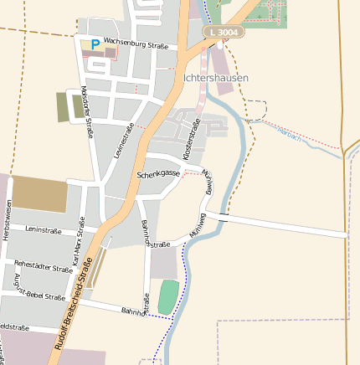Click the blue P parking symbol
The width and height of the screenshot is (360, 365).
click(x=95, y=44)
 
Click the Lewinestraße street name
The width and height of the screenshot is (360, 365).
click(x=123, y=140)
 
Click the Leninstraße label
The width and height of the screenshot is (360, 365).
click(x=47, y=229)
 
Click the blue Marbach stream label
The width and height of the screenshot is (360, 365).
click(x=289, y=134)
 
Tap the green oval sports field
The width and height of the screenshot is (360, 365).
click(x=168, y=297)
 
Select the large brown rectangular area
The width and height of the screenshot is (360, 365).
click(x=39, y=194)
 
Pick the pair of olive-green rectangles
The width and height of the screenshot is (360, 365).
click(x=70, y=106)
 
